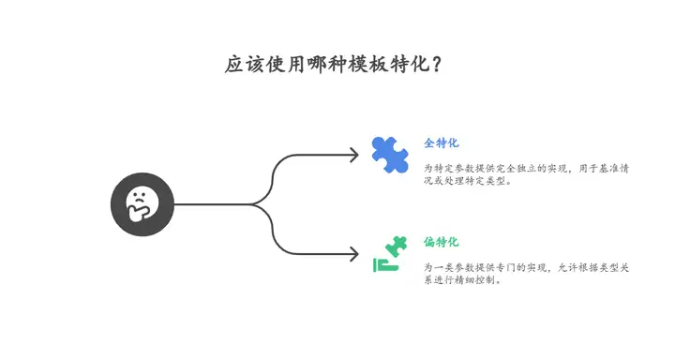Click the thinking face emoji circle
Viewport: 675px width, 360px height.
(x=142, y=204)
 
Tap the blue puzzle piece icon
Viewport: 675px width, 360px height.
(x=389, y=155)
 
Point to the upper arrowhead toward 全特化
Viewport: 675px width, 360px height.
(x=353, y=155)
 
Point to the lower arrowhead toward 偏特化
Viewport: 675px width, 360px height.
(x=353, y=253)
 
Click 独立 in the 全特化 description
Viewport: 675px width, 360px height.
(x=519, y=168)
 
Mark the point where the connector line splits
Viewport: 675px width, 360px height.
(x=255, y=204)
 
